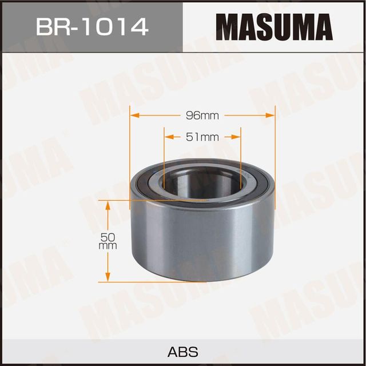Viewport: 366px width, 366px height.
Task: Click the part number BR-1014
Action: tap(91, 26)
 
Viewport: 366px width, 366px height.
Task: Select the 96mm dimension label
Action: tap(202, 116)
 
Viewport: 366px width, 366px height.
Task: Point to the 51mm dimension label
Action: tap(202, 137)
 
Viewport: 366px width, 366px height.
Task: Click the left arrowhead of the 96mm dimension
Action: tap(135, 116)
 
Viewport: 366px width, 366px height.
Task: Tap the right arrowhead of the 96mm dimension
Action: tap(271, 116)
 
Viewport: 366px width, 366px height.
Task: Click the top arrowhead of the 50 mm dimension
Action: tap(108, 205)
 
